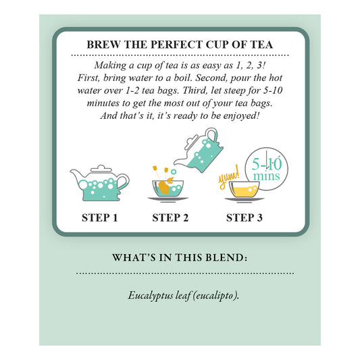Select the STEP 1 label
pos(100,217)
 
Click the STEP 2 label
pos(170,217)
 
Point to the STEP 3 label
pos(245,217)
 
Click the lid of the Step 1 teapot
pos(101,169)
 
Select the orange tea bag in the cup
pos(164,187)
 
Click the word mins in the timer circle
pos(267,176)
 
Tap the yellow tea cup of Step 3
pos(244,189)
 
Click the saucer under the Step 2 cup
pos(168,199)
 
